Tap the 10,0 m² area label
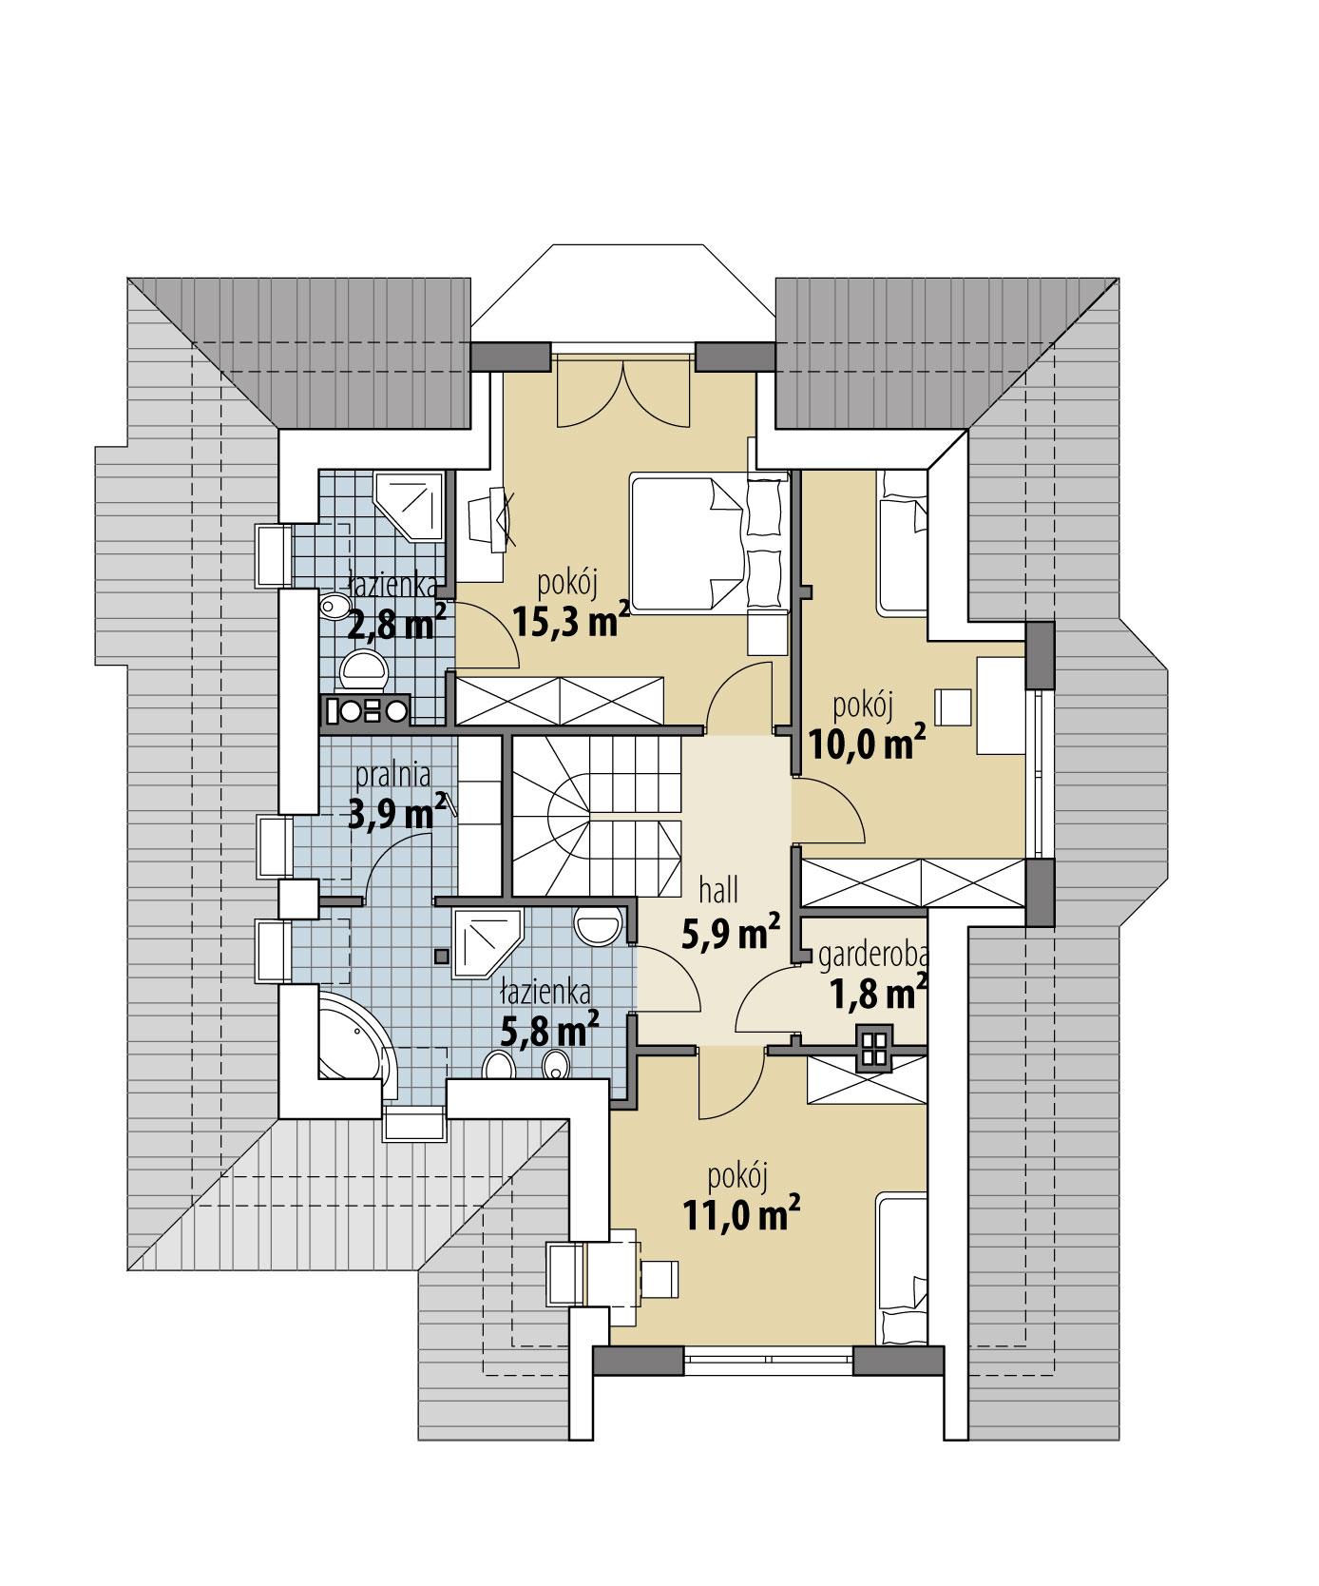(867, 743)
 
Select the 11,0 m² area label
(740, 1214)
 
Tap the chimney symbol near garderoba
(875, 1048)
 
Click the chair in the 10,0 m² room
(954, 706)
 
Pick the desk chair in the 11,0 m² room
(661, 1278)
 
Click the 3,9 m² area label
(397, 814)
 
